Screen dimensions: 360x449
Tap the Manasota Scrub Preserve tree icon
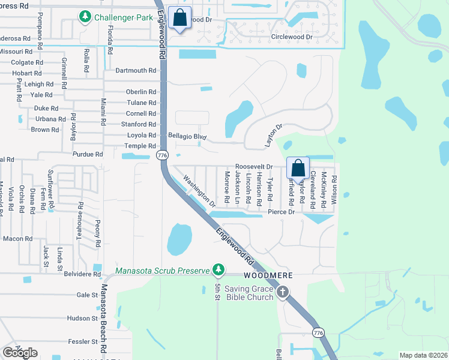[x=220, y=269]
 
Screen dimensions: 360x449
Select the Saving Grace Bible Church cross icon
[x=282, y=293]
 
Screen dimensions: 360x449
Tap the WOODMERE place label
[x=268, y=275]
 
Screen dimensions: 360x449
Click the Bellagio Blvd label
[x=187, y=137]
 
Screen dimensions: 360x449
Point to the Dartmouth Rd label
[x=136, y=70]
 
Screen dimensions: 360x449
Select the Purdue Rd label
[x=88, y=154]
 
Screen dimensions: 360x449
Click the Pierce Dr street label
[x=281, y=212]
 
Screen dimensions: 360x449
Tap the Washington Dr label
[x=199, y=191]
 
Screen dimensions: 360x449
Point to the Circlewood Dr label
[x=292, y=37]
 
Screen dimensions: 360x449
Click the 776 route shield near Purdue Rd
[x=161, y=155]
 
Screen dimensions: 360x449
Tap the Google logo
[x=20, y=353]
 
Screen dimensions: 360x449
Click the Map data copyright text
[x=423, y=355]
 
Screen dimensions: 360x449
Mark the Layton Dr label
[x=273, y=136]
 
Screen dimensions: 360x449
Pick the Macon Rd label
[x=17, y=238]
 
